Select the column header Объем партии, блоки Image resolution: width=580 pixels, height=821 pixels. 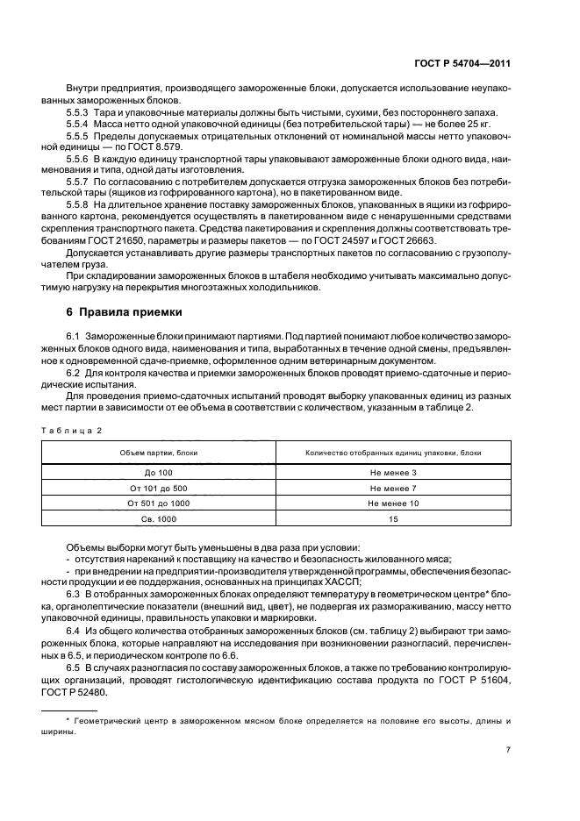point(159,453)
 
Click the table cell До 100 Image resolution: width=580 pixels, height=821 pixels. point(159,473)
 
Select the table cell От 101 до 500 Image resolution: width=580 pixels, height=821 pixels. point(159,488)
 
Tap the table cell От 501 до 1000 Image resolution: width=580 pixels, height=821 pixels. point(159,503)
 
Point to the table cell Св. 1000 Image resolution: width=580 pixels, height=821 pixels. point(159,519)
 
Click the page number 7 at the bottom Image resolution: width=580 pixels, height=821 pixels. point(508,750)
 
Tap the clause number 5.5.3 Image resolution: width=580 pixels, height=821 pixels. point(78,112)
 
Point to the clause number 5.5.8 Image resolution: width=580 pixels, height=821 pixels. point(78,204)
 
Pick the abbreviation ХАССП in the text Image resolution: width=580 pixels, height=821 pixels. point(263,582)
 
